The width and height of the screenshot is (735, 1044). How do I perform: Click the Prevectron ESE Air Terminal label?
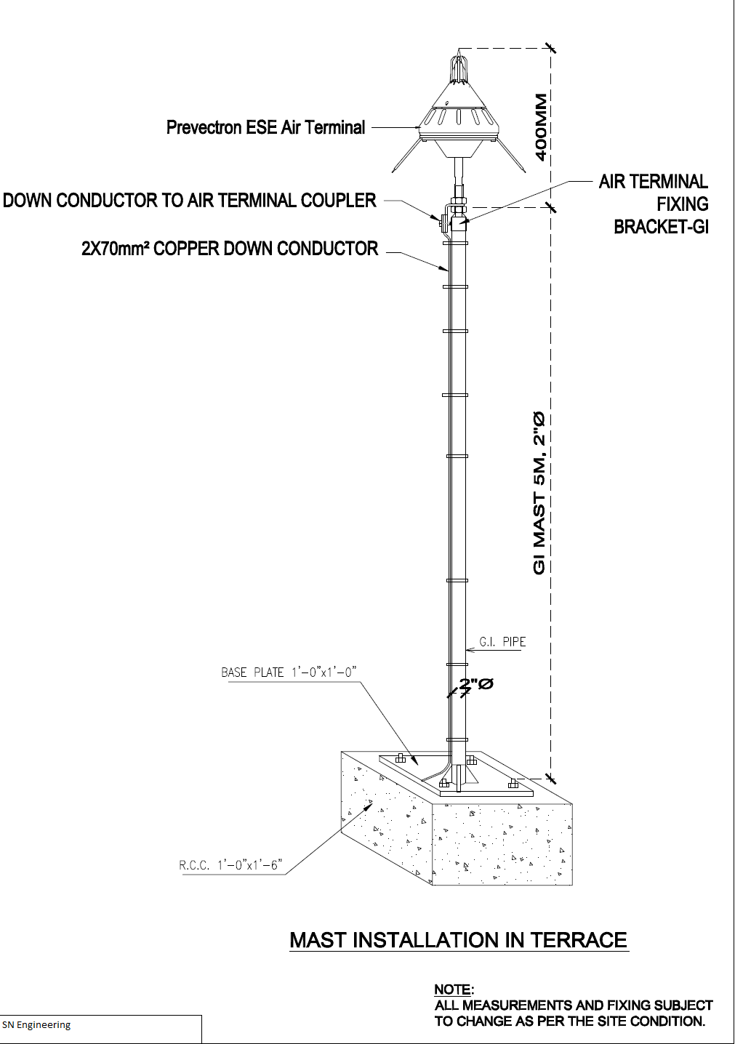tap(265, 128)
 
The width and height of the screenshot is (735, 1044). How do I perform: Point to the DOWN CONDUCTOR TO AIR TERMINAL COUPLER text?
tap(190, 201)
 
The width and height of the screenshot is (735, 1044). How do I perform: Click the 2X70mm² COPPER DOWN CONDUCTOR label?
tap(230, 249)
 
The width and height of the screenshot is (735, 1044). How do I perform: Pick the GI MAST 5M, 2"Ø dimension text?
tap(539, 493)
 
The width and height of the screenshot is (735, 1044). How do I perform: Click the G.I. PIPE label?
tap(502, 642)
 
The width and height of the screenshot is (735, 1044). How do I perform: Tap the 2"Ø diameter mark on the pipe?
tap(476, 684)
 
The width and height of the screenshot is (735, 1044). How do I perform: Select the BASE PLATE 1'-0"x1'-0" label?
tap(289, 672)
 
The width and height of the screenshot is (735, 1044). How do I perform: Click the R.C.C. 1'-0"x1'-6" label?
tap(230, 865)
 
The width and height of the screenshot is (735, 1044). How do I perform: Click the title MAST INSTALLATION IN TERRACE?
tap(458, 940)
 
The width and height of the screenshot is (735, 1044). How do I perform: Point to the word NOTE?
tap(452, 989)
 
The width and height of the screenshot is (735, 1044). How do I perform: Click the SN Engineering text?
tap(36, 1025)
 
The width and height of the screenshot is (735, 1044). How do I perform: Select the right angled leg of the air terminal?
tap(512, 156)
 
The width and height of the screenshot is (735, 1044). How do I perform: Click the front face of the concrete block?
tap(502, 844)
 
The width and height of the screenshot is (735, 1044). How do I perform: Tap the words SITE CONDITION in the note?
tap(655, 1021)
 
